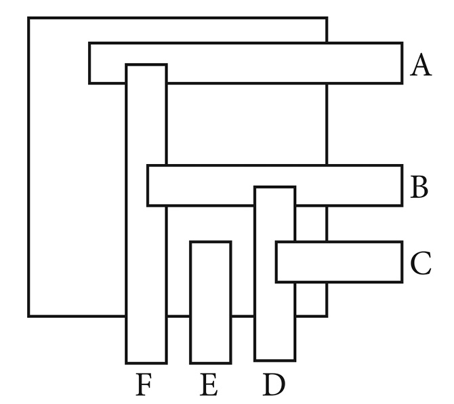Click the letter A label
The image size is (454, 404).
point(421,66)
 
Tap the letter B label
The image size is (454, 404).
point(419,187)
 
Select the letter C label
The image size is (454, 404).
point(421,264)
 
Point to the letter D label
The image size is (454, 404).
point(274,385)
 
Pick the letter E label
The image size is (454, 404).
point(209,385)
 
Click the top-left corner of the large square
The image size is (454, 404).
point(28,18)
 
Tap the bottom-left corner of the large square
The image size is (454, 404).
point(28,316)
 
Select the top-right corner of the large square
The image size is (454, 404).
point(327,18)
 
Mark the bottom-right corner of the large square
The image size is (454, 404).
point(327,316)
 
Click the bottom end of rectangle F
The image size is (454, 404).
point(146,362)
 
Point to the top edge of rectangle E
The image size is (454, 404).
point(210,242)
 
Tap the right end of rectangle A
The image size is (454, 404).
point(401,64)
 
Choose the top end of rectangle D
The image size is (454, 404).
point(274,187)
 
